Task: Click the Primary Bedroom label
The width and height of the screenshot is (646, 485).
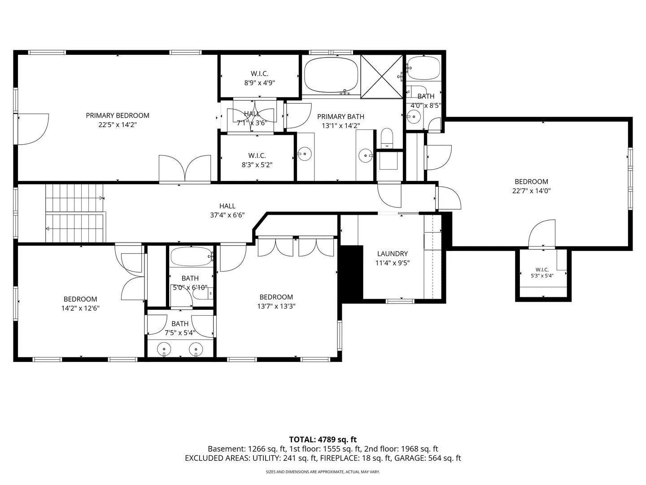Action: click(x=118, y=115)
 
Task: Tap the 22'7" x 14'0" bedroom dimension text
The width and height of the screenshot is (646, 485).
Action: click(x=531, y=191)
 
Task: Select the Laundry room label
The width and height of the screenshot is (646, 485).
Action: click(x=392, y=254)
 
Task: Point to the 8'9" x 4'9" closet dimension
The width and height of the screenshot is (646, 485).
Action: click(x=259, y=83)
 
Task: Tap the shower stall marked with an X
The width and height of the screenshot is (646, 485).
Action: click(x=381, y=76)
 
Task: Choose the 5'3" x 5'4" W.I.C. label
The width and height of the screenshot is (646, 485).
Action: click(x=542, y=273)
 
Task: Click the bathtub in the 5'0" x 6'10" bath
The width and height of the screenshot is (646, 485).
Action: click(x=191, y=257)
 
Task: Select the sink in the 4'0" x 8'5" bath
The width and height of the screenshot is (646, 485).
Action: click(x=414, y=117)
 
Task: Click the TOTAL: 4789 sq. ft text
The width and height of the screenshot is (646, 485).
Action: click(x=323, y=440)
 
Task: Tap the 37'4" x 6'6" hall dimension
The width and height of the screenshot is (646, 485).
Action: click(x=227, y=215)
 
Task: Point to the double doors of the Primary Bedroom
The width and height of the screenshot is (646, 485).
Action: click(x=185, y=168)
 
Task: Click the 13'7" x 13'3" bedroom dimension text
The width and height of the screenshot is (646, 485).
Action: click(x=276, y=306)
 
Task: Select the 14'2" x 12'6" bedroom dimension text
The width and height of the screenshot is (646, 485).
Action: click(x=80, y=309)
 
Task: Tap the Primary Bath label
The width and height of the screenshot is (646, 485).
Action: click(x=340, y=117)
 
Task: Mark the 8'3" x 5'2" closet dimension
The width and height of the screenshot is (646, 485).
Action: click(x=257, y=165)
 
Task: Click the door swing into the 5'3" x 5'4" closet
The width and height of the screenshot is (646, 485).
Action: click(x=542, y=234)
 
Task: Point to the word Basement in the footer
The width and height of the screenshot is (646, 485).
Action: click(x=226, y=449)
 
